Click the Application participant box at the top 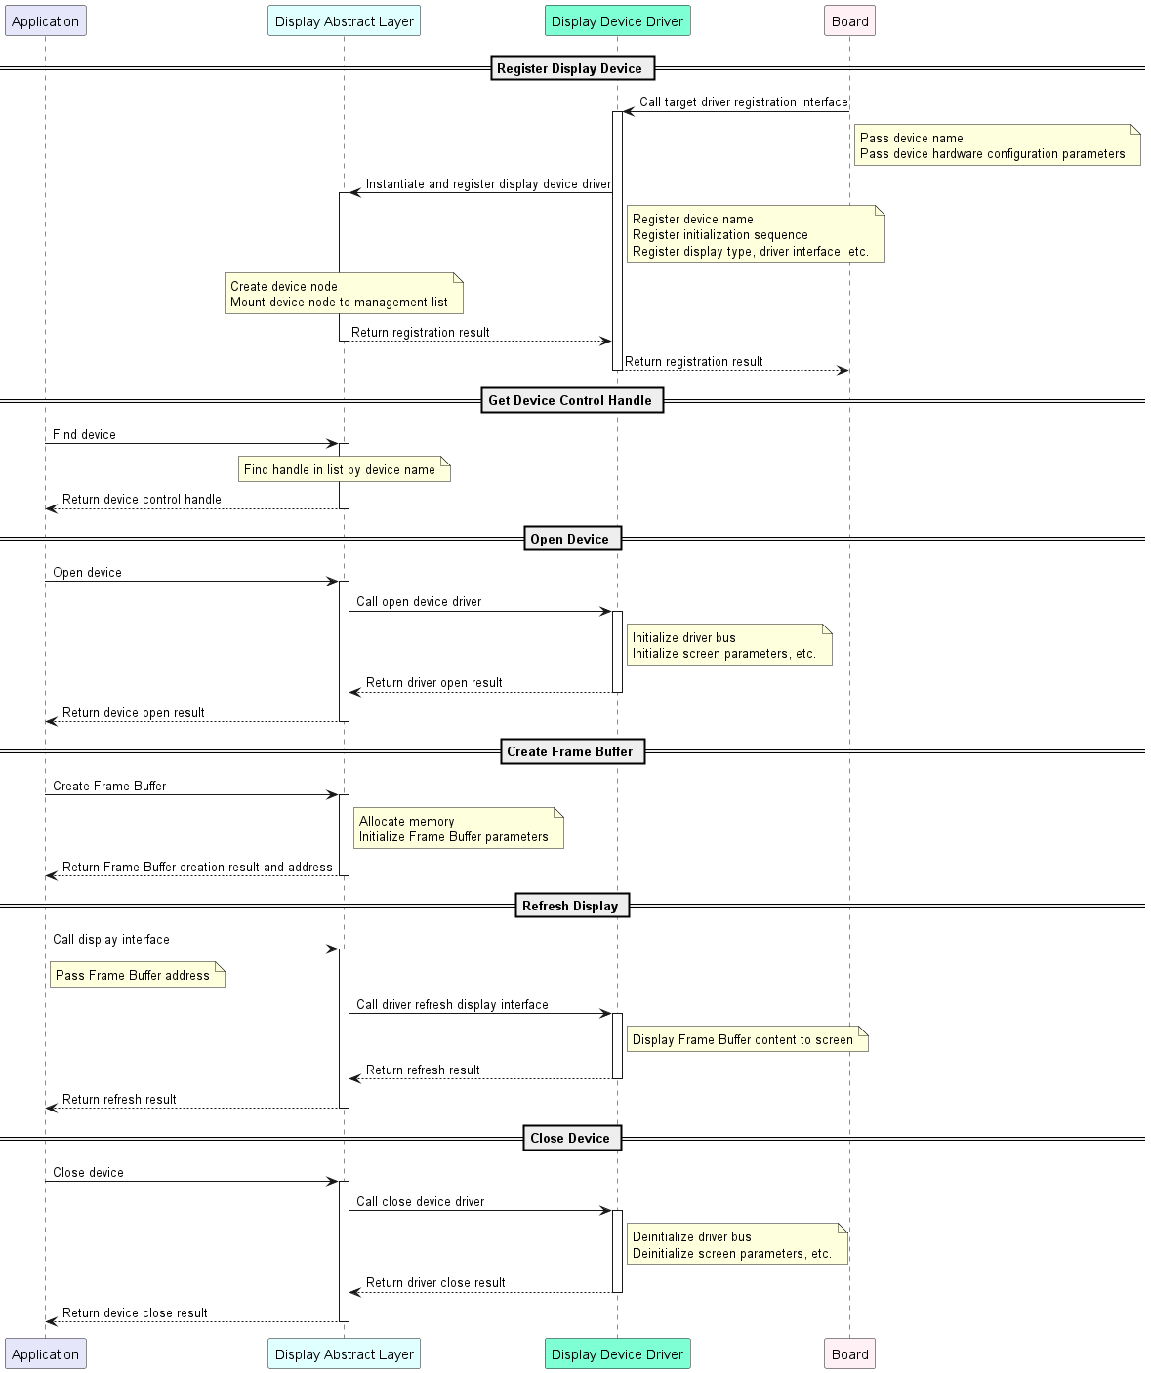[x=45, y=21]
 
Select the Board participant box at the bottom [x=849, y=1353]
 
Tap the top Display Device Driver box [x=617, y=21]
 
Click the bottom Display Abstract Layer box [x=344, y=1353]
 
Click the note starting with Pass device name [x=997, y=145]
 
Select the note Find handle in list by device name [x=344, y=469]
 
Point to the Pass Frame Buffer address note [x=138, y=975]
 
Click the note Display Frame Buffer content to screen [x=747, y=1039]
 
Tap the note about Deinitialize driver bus [x=737, y=1244]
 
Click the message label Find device [x=84, y=434]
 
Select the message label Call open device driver [x=419, y=602]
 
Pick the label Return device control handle [x=143, y=499]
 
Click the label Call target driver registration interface [x=743, y=101]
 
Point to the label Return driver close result [x=435, y=1283]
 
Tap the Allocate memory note [x=459, y=828]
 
